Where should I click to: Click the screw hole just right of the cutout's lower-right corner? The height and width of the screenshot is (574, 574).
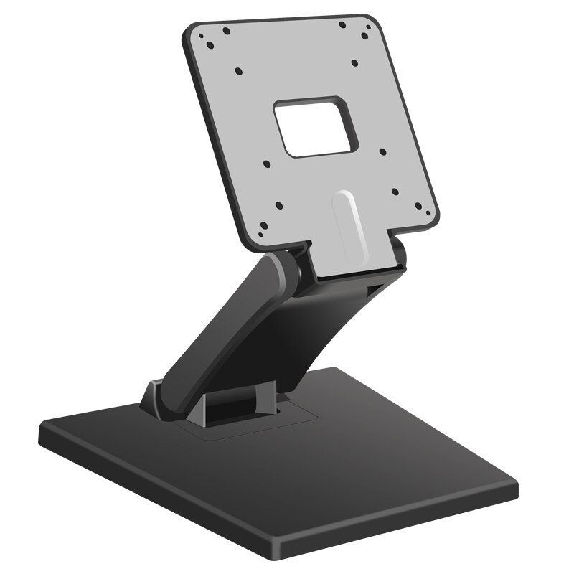point(382,152)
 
